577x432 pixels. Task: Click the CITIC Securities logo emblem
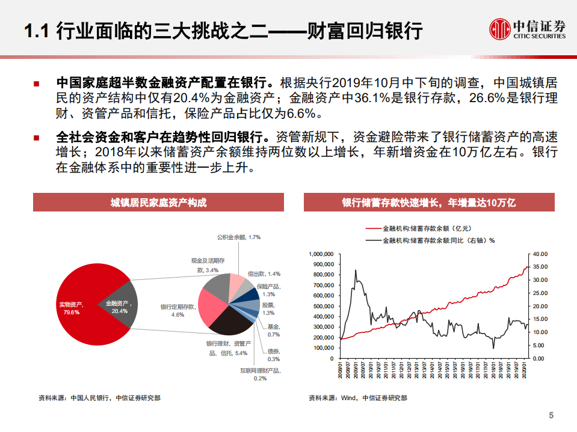[498, 28]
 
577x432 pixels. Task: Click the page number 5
[551, 415]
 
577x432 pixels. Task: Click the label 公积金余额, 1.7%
[239, 237]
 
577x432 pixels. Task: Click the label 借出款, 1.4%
[264, 273]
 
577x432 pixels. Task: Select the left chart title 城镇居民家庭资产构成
[158, 202]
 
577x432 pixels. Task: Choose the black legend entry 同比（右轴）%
[430, 240]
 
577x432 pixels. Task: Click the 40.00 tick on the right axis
[539, 254]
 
